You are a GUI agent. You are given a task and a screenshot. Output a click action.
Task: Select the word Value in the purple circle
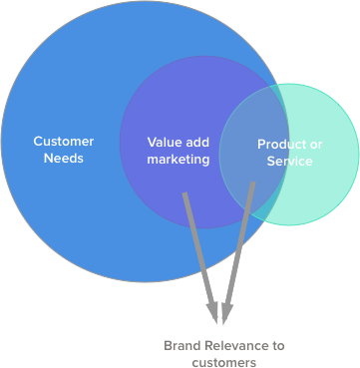165,142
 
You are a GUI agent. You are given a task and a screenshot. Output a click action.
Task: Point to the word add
197,142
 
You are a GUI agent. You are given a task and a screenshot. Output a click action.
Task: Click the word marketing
179,159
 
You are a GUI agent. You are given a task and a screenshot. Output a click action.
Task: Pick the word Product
279,144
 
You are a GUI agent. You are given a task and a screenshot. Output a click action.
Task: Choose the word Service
290,161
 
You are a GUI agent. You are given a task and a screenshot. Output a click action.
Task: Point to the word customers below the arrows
223,363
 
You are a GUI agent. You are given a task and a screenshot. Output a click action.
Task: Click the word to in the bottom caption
278,345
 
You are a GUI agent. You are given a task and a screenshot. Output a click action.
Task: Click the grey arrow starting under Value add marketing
198,249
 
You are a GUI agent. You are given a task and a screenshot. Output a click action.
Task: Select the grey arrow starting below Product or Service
239,249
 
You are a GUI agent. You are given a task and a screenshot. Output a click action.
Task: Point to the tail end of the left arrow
184,192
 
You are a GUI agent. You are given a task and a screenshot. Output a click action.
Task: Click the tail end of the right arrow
252,183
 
